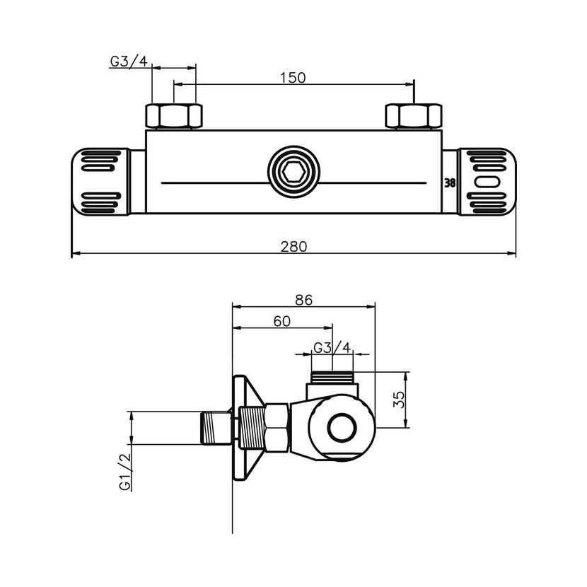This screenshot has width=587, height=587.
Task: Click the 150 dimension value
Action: [x=292, y=78]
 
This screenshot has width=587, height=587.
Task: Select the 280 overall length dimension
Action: [x=293, y=247]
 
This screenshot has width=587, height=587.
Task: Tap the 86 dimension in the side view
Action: [x=303, y=299]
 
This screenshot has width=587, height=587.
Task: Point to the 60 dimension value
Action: [x=281, y=321]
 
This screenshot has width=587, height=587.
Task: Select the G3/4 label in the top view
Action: [x=129, y=61]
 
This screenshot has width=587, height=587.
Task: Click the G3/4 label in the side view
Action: [x=332, y=347]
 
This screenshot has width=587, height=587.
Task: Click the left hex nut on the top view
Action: [x=174, y=115]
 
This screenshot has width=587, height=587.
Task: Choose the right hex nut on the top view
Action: [x=413, y=115]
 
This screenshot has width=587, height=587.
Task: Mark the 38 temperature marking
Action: [x=449, y=182]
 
